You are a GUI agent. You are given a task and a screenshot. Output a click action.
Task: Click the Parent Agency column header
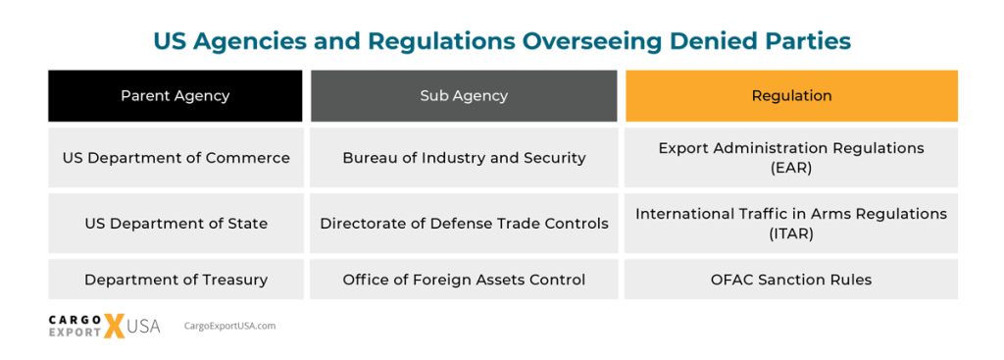pos(175,96)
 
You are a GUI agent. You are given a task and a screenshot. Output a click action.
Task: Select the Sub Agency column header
pos(464,96)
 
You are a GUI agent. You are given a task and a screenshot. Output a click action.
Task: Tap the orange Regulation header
pos(791,96)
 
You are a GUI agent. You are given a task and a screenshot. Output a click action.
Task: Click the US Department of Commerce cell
pos(176,157)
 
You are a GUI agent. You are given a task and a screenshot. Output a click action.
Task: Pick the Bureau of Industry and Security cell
pos(464,157)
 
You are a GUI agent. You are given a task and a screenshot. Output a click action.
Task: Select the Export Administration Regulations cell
pos(791,157)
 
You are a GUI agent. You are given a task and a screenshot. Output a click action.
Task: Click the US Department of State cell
pos(176,223)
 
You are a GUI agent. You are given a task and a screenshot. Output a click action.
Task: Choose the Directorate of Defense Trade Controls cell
pos(464,223)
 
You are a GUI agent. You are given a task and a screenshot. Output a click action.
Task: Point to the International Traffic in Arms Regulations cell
pos(791,223)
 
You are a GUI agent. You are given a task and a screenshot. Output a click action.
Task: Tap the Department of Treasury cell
pos(176,280)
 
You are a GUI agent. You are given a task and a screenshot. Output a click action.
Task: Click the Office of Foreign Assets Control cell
pos(464,280)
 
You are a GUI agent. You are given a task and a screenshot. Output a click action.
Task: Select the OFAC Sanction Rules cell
pos(791,280)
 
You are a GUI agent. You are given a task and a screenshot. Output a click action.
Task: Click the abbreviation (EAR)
pos(791,168)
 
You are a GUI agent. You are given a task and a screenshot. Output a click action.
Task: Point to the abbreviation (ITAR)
pos(791,233)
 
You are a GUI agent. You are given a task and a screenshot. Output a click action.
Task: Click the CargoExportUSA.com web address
pos(229,326)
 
